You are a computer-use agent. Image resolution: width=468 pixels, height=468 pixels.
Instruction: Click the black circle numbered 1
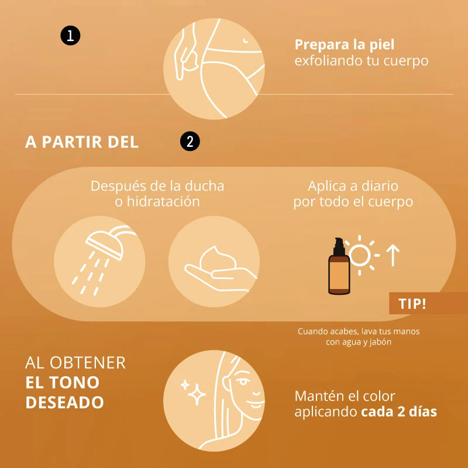coord(70,36)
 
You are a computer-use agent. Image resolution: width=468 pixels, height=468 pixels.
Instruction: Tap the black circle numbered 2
coord(190,141)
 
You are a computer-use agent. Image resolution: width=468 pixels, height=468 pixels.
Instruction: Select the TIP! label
coord(412,304)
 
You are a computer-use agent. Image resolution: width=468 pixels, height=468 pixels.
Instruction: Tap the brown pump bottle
coord(339,266)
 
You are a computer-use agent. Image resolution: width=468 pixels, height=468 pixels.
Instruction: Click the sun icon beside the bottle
coord(360,255)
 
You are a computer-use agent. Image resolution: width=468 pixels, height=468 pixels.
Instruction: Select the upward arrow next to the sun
coord(393,255)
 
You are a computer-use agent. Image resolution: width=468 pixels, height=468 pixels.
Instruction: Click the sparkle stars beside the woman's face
coord(194,391)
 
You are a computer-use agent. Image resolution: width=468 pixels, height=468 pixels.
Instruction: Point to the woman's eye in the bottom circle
coord(243,381)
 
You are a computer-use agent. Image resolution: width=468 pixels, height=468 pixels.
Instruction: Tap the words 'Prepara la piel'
coord(345,45)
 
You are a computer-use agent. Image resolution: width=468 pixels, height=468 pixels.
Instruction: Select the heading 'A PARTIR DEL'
coord(82,142)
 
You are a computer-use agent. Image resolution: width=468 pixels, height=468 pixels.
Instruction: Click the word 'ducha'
coord(204,186)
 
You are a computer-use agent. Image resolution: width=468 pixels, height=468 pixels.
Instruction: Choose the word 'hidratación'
coord(163,201)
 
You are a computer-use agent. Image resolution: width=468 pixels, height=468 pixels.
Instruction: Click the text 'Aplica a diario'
coord(353,186)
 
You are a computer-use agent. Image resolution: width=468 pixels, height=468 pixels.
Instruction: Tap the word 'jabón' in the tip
coord(380,342)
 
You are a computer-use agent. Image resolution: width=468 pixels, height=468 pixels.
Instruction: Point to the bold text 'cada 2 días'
coord(399,412)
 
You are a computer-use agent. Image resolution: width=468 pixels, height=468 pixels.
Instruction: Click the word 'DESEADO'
coord(64,402)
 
